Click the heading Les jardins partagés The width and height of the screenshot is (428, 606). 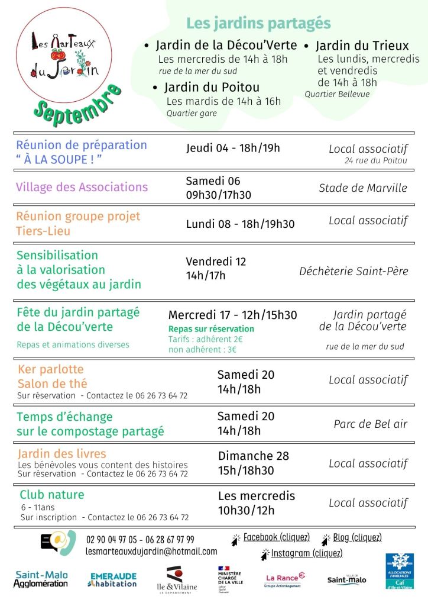pos(258,23)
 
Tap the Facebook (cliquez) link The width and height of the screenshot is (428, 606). pos(276,537)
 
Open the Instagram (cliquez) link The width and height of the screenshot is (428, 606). pos(306,553)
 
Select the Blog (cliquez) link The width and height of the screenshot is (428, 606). pos(357,537)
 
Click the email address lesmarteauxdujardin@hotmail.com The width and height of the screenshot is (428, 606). pos(151,551)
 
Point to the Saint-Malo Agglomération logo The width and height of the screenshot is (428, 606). pos(41,579)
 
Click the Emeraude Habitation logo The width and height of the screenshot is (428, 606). pos(114,579)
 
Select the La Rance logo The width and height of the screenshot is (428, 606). pos(285,579)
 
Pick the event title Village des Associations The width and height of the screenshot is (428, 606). pos(82,188)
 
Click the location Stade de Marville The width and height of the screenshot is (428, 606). pos(363,188)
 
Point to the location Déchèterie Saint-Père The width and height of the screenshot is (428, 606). pos(354,271)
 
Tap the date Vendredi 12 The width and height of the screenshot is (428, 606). pos(216,262)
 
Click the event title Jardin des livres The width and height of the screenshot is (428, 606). pos(62,454)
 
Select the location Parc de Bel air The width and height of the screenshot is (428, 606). pos(370,424)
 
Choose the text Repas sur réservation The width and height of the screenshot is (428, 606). pos(211,328)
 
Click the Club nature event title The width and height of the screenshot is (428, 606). pos(52,495)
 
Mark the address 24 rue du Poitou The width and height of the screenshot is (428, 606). pos(376,160)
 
